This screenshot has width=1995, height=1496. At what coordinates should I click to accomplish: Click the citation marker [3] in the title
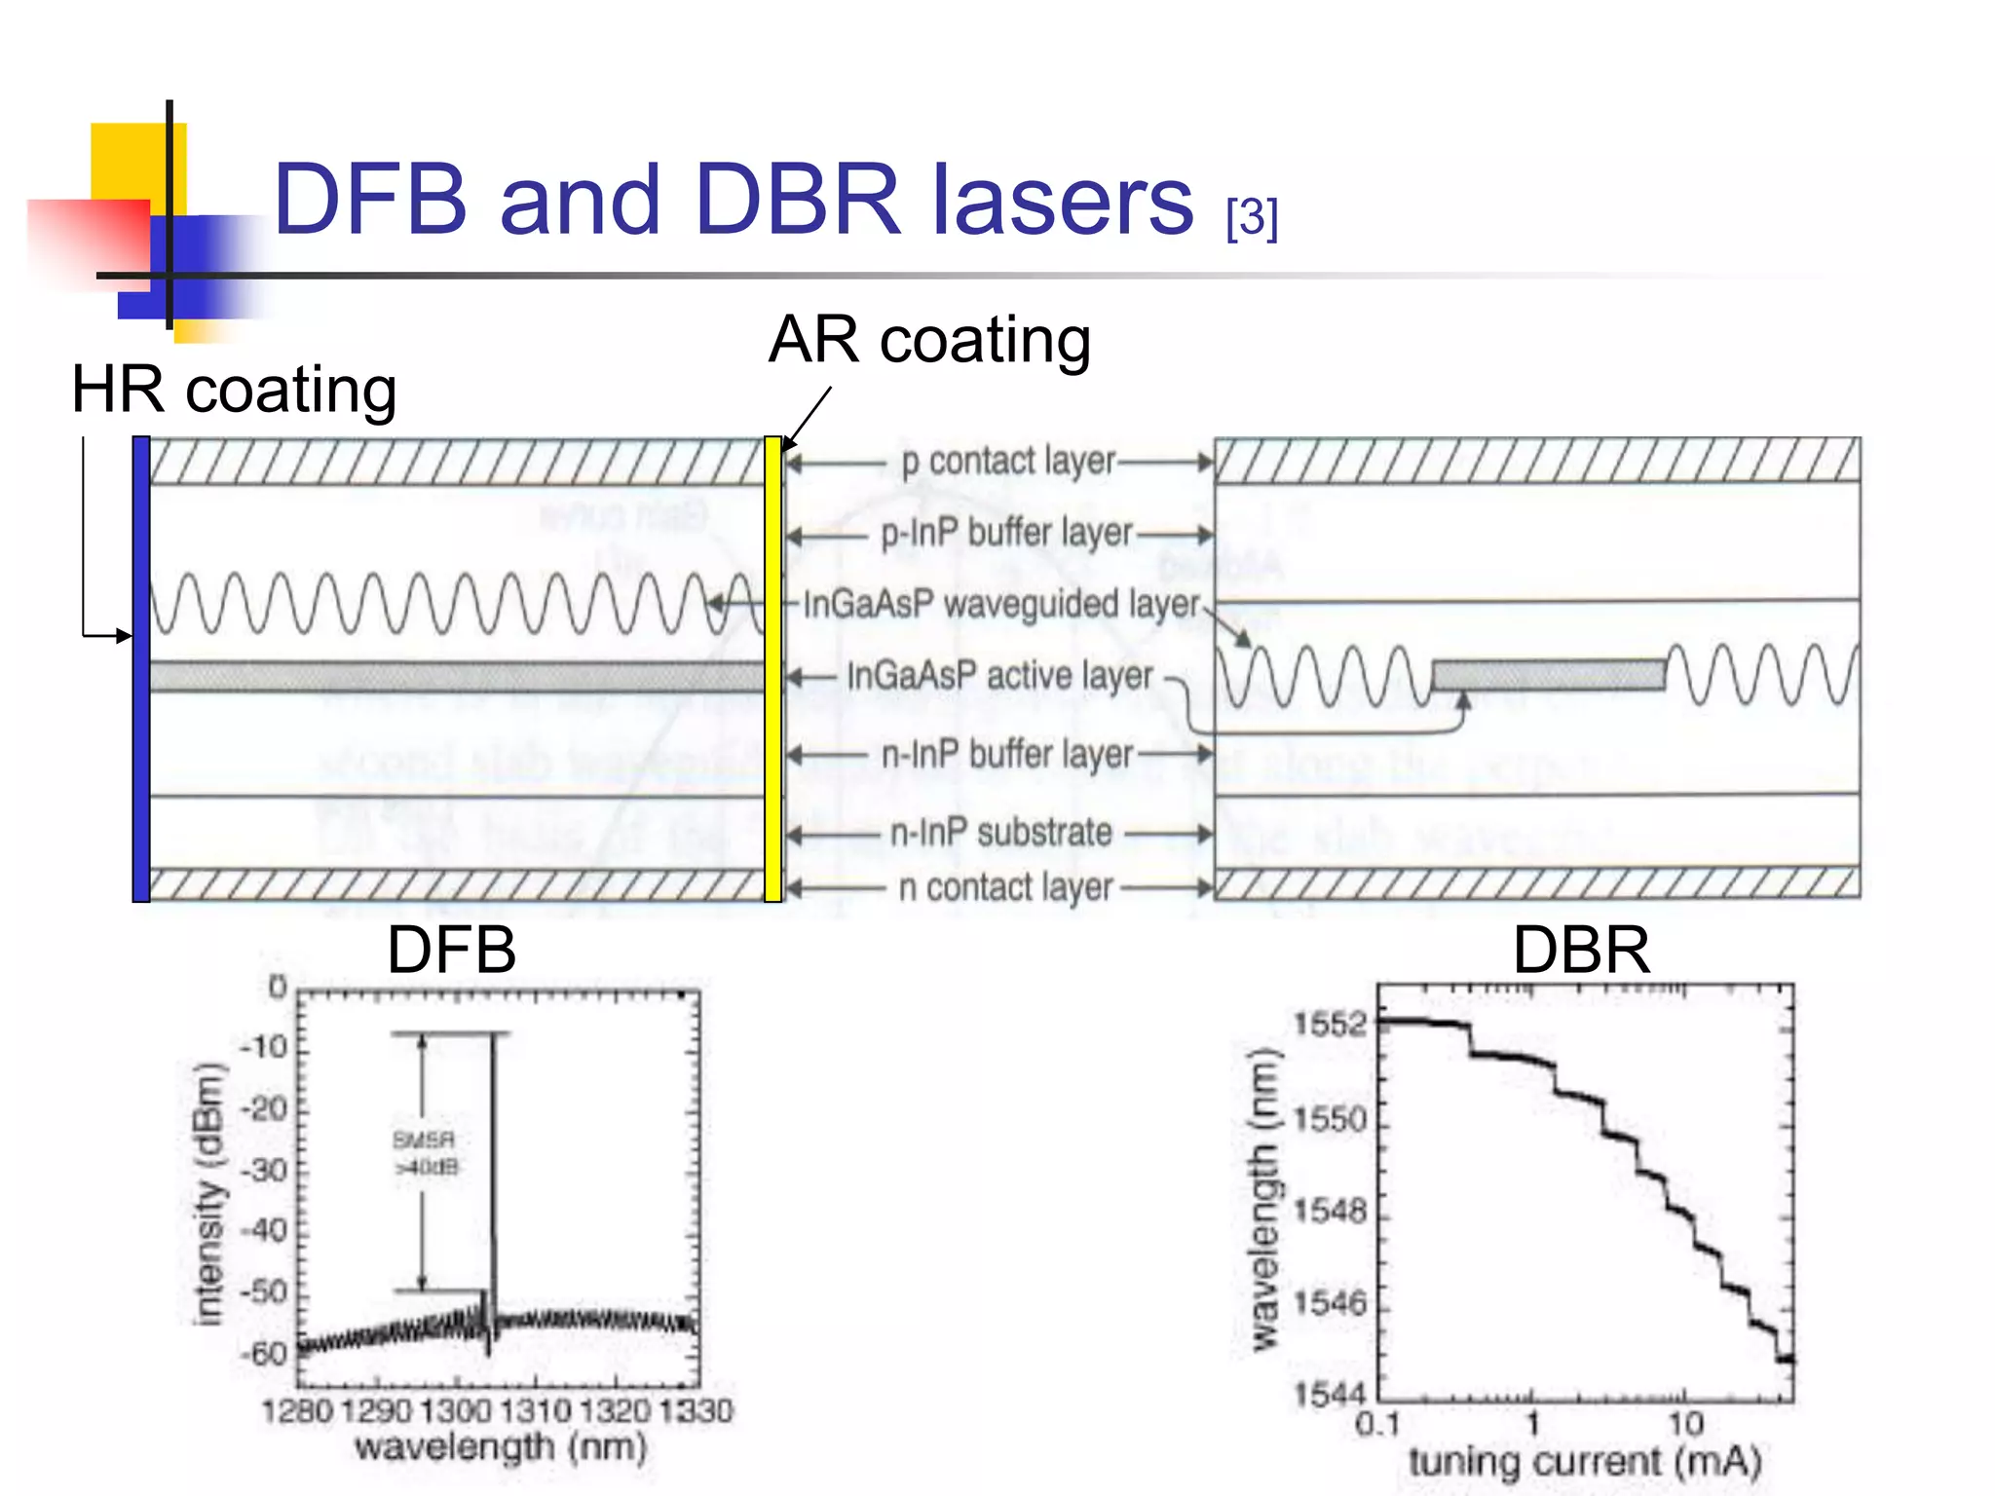coord(1252,218)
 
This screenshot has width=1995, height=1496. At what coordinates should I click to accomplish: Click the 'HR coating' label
coord(234,390)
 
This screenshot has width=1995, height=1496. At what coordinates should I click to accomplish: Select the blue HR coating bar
coord(141,669)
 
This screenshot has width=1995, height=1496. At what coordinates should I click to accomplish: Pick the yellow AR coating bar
coord(772,669)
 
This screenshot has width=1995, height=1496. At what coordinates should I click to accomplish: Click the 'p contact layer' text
coord(1007,462)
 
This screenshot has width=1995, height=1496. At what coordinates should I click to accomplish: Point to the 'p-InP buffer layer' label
coord(1006,534)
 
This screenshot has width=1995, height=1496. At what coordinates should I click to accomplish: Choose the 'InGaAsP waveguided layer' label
coord(1001,605)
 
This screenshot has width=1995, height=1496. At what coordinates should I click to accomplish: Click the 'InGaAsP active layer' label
coord(999,676)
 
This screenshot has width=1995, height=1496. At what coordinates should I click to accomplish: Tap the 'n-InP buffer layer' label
coord(1006,755)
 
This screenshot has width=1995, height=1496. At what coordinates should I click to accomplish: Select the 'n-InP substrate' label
coord(1001,833)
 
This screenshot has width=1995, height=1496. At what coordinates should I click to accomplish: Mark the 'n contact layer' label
coord(1005,888)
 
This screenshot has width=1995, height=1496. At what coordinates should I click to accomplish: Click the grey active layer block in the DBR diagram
coord(1548,675)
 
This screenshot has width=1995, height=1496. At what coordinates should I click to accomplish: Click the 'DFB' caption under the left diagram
coord(451,950)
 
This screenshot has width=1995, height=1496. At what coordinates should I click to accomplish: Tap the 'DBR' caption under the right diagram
coord(1581,950)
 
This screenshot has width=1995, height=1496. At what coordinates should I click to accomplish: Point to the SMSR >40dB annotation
coord(425,1153)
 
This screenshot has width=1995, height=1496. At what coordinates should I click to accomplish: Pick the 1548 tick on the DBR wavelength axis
coord(1330,1212)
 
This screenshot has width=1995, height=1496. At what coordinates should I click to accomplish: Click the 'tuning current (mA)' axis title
coord(1585,1462)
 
